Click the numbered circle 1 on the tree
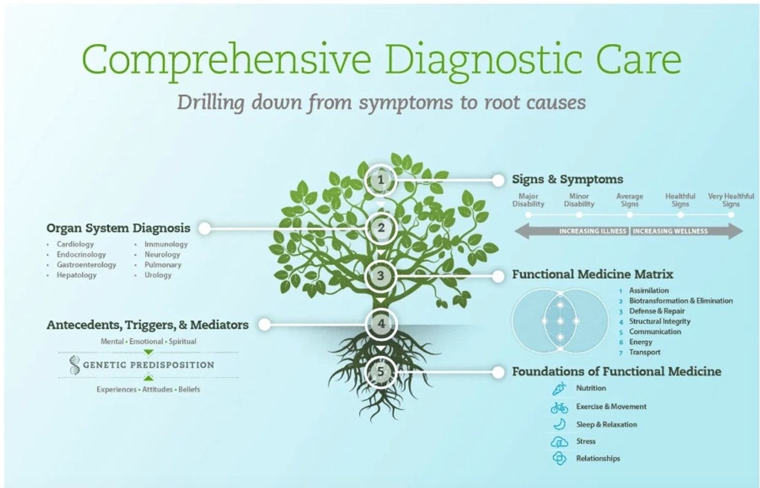coord(381,180)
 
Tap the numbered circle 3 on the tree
coord(381,276)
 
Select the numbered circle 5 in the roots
coord(381,372)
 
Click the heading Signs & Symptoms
coord(568,179)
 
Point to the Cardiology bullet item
coord(75,244)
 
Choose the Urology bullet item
coord(158,275)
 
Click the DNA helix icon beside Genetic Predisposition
coord(75,365)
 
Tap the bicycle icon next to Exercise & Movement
coord(559,407)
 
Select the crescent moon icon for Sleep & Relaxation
coord(560,424)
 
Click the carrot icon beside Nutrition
coord(559,389)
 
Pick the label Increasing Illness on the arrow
coord(593,231)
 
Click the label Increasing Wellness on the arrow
coord(671,231)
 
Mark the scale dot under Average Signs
coord(629,215)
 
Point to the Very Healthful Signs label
coord(731,200)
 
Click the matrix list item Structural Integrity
coord(659,321)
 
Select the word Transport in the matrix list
coord(645,353)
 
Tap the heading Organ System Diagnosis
coord(118,228)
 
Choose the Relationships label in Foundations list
coord(598,459)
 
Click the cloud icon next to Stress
coord(559,442)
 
